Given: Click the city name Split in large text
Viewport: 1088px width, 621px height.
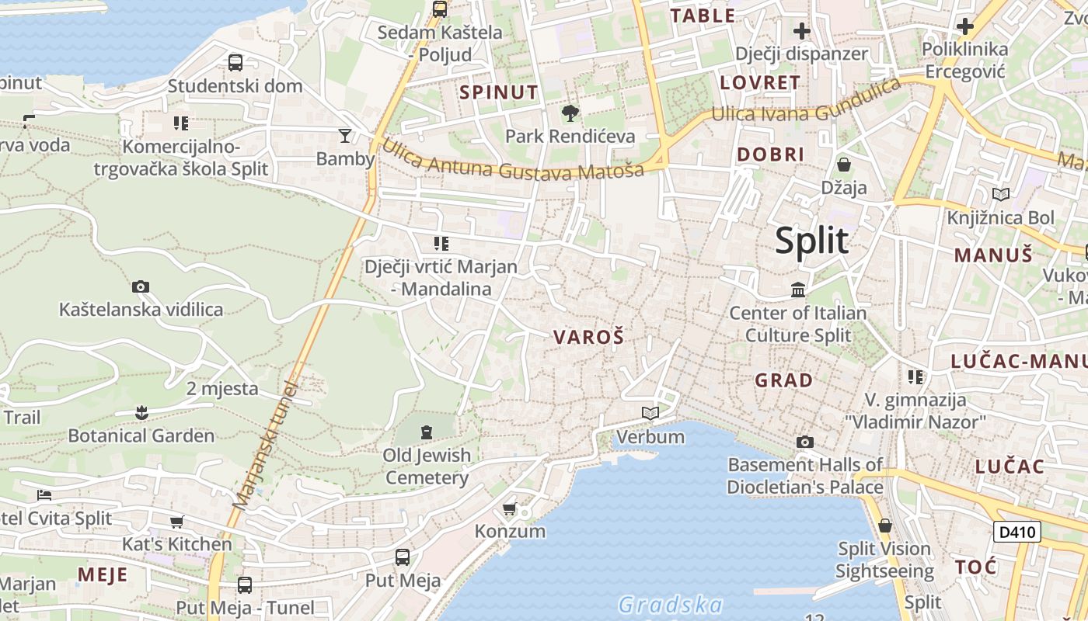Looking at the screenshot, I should (811, 241).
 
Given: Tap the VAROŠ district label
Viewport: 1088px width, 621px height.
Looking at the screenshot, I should (588, 337).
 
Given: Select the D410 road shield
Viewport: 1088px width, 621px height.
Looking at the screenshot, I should (1017, 532).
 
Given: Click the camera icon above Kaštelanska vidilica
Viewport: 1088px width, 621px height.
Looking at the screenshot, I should (141, 286).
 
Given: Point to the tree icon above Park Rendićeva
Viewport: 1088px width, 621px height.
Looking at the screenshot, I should (570, 113).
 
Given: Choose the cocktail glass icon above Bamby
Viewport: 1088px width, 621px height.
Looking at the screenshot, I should (345, 136).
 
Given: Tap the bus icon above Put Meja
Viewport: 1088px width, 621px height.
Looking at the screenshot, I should (402, 557).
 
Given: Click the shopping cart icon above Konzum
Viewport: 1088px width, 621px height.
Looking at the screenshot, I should (509, 509).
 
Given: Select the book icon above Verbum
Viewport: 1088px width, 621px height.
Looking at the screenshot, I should (650, 413).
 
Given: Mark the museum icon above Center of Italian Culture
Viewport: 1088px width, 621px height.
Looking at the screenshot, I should (797, 290).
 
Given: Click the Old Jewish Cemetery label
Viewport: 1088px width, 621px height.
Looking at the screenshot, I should (427, 466).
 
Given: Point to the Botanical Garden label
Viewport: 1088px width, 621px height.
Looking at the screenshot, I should (141, 435).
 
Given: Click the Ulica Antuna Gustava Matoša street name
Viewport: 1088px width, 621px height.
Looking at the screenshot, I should (513, 159).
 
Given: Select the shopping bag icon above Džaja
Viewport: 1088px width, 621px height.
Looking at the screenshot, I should (843, 165).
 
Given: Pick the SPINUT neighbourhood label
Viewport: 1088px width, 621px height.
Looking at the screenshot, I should (498, 92).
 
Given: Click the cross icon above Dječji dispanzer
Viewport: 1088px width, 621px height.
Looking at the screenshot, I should (801, 31).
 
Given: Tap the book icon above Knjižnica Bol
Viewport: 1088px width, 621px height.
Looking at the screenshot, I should (1000, 194).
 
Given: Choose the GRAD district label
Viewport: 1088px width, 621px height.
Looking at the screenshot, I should (784, 380).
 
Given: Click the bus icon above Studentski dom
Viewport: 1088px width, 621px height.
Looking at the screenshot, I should (235, 62).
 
